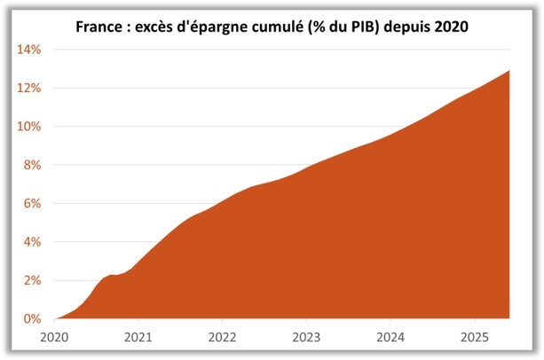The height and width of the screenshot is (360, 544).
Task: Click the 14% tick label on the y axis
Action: click(27, 50)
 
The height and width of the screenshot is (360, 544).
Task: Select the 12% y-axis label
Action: click(27, 88)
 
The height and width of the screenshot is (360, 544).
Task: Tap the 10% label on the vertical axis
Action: click(27, 127)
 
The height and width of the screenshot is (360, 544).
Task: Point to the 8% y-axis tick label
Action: click(29, 165)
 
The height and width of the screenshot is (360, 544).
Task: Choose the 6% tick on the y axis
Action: click(29, 203)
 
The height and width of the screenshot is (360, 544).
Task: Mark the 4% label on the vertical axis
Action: click(29, 242)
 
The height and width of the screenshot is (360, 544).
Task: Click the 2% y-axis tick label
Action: click(29, 280)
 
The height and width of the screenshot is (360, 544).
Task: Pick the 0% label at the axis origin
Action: click(29, 318)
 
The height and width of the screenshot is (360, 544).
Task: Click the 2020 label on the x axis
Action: click(55, 337)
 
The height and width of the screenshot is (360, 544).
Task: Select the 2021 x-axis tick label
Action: click(138, 337)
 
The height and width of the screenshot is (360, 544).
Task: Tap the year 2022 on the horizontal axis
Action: click(223, 337)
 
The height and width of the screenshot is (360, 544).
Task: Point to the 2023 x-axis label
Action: click(306, 337)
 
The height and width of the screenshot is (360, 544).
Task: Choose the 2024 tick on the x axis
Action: click(390, 337)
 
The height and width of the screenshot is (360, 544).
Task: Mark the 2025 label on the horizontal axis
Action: click(474, 337)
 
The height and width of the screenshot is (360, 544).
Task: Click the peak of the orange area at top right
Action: click(508, 71)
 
